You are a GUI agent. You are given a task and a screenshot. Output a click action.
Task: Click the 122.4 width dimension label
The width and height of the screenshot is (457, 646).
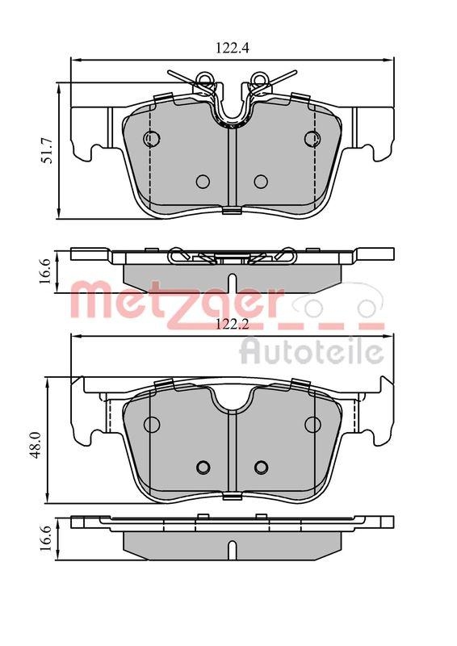(230, 48)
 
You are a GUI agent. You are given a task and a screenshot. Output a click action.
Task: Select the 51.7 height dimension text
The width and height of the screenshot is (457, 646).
(48, 150)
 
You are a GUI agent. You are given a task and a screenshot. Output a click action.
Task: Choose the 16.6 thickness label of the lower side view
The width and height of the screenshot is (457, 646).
(48, 537)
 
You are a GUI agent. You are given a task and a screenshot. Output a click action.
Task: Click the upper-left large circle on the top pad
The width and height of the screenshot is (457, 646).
(151, 139)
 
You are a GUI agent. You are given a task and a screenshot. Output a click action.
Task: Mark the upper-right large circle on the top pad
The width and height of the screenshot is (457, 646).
(312, 139)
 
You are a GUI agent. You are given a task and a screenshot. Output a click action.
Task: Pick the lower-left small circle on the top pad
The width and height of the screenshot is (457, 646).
(203, 181)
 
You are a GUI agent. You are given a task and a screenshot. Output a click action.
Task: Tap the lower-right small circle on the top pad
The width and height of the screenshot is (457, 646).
(260, 181)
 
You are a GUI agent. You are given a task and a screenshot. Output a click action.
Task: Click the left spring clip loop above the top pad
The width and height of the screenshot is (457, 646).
(204, 79)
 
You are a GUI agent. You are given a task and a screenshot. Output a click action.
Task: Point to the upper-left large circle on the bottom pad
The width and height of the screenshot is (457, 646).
(151, 425)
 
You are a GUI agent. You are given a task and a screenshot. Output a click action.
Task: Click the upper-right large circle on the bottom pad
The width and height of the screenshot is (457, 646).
(312, 425)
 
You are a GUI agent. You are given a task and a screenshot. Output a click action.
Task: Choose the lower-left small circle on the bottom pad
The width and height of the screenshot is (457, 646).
(203, 466)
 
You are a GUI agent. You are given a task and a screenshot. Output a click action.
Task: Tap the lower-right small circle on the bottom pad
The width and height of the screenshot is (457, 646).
(260, 466)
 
